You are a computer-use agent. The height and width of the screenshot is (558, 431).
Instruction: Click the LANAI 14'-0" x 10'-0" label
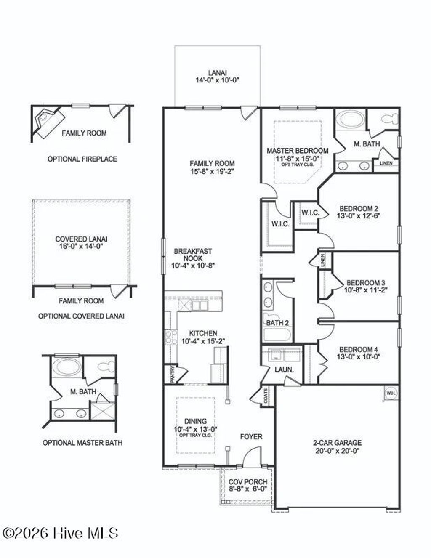217,76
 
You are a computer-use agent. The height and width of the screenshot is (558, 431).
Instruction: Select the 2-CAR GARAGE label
337,446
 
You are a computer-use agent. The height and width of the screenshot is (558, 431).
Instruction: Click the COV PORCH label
248,485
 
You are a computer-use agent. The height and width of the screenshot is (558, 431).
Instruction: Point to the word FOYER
251,437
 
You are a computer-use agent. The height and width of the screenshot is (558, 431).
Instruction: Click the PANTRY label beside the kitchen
173,374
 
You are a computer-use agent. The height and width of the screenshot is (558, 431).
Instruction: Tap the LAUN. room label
284,369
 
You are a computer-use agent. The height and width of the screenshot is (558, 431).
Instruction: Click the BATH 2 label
277,323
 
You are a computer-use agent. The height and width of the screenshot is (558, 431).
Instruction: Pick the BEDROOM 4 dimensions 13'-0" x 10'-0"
359,356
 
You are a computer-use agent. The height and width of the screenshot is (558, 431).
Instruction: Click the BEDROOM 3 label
365,283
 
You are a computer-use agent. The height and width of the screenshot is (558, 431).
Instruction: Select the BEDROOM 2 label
359,208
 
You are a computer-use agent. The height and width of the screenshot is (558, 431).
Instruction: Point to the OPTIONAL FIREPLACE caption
82,159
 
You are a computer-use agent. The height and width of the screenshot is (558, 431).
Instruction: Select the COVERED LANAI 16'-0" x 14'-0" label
81,243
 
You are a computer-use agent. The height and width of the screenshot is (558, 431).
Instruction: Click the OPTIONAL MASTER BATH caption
82,443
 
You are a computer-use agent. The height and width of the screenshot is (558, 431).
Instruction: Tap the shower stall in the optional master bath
102,412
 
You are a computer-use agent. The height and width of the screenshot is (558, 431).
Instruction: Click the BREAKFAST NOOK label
193,258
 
